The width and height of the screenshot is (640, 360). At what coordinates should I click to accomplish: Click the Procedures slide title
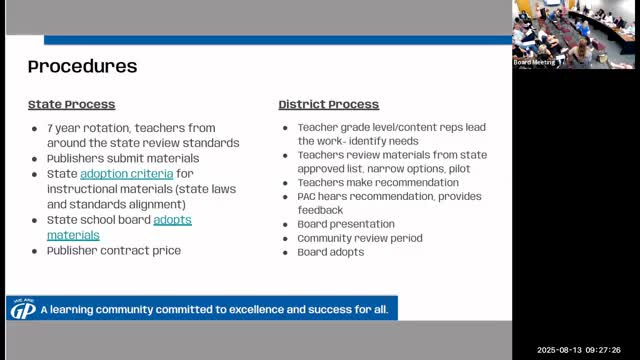pos(82,67)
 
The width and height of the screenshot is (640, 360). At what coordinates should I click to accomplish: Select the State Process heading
pos(71,104)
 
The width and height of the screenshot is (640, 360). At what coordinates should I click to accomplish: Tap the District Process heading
pos(329,104)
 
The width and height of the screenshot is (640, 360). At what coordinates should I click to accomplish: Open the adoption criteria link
pos(127,174)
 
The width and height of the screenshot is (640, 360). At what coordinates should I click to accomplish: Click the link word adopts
pos(172,220)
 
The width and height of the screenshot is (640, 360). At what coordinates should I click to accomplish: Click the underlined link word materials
pos(73,236)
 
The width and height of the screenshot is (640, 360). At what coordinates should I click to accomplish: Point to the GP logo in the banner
pos(23,309)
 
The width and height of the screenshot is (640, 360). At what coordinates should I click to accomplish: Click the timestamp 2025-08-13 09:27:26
pos(579,350)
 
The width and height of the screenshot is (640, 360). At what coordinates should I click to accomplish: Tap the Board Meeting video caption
pos(534,62)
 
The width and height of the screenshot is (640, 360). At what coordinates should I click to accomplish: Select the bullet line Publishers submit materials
pos(123,158)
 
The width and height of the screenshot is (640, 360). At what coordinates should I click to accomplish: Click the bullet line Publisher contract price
pos(114,251)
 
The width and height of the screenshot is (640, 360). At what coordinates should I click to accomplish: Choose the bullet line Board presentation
pos(346,224)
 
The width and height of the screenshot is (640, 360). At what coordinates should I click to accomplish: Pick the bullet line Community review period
pos(360,238)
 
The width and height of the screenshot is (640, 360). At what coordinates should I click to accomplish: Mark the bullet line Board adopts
pos(331,252)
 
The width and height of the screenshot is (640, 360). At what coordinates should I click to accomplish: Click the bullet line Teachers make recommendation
pos(378,182)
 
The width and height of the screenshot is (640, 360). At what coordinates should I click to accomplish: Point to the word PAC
pos(306,196)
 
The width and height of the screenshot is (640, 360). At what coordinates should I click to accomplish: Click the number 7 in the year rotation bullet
pos(50,128)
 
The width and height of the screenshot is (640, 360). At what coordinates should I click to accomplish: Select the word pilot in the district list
pos(459,169)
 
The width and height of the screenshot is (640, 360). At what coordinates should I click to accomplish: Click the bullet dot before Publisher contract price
pos(34,251)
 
